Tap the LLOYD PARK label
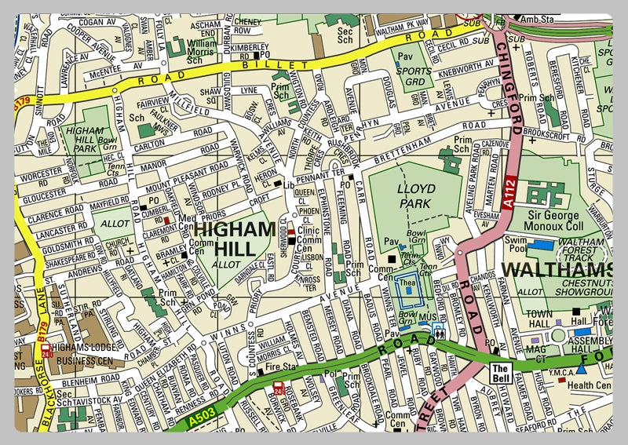416,195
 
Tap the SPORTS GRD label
414,75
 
